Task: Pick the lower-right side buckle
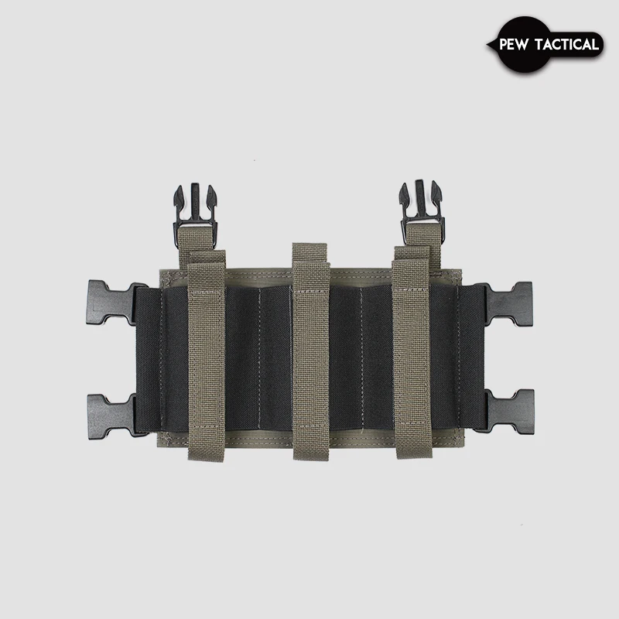[x=507, y=410]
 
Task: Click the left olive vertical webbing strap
[x=207, y=356]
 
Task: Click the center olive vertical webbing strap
[x=310, y=356]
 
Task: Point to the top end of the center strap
[x=310, y=249]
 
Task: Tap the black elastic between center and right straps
[x=361, y=356]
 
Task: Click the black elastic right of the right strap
[x=449, y=356]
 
